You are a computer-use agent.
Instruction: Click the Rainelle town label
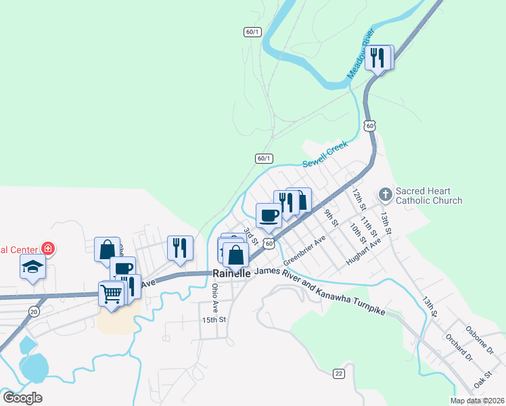(232, 273)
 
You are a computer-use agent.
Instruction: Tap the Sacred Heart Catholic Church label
(428, 196)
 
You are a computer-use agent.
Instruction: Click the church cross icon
(385, 195)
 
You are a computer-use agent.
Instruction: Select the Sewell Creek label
(325, 155)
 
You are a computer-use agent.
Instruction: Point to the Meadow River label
(361, 53)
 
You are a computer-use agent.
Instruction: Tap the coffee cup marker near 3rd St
(269, 215)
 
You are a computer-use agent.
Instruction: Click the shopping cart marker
(111, 294)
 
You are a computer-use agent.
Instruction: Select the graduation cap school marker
(32, 267)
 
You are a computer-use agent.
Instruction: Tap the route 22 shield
(339, 374)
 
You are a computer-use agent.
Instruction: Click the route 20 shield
(34, 311)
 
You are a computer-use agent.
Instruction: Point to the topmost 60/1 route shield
(252, 32)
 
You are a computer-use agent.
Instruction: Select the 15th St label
(214, 319)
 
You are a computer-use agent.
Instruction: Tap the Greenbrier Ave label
(304, 250)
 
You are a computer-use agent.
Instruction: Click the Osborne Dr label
(480, 339)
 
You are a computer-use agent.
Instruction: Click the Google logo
(22, 398)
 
